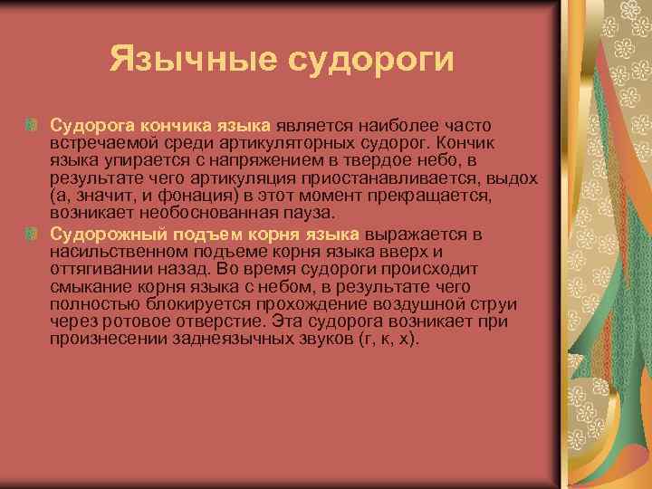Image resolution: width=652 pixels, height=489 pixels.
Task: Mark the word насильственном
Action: coord(111,252)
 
